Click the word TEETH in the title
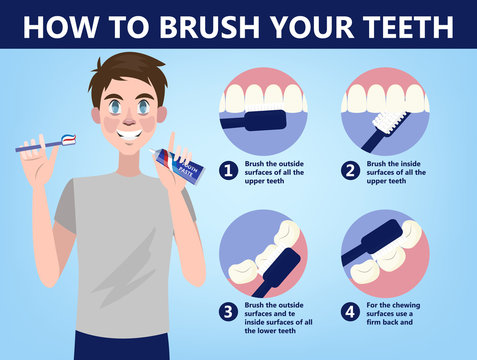[x=407, y=25]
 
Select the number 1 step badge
[x=228, y=171]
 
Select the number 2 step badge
[x=350, y=171]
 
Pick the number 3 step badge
[x=228, y=311]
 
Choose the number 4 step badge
[x=350, y=311]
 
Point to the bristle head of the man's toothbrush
[x=68, y=141]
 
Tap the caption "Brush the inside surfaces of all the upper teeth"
[x=398, y=171]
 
